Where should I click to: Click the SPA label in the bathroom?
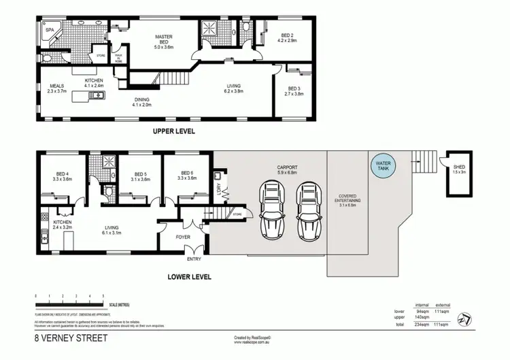(50, 30)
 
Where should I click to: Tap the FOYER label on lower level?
(184, 238)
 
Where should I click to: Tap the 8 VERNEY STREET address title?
(71, 337)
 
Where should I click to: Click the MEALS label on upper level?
(56, 86)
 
